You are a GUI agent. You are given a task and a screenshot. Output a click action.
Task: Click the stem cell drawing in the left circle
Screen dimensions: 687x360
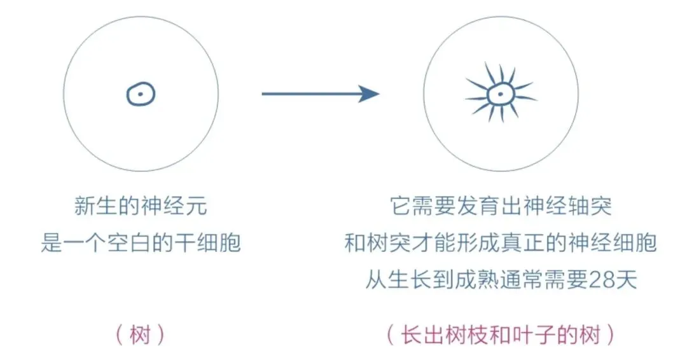(x=141, y=95)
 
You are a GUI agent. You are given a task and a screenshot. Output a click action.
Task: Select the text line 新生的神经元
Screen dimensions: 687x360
(x=141, y=207)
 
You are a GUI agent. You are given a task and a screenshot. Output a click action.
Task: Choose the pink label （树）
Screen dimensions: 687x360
(x=141, y=335)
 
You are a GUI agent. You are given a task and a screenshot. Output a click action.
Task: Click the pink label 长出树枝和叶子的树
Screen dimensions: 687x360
(x=501, y=335)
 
